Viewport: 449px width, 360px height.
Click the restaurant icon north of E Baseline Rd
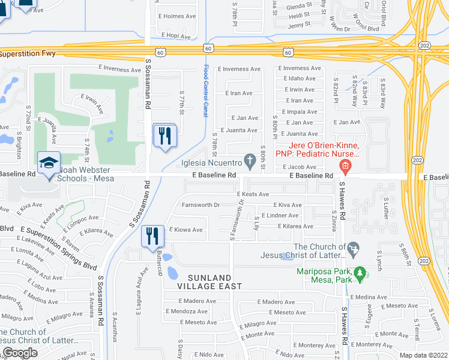tap(164, 136)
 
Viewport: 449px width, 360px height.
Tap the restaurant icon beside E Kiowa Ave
tap(152, 236)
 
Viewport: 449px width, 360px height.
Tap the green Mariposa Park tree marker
tap(360, 274)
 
